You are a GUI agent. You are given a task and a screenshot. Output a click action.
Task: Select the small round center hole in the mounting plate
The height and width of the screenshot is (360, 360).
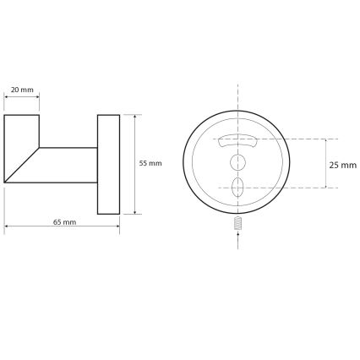239,161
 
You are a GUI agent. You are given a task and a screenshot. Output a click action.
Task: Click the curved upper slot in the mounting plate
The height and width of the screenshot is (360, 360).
239,140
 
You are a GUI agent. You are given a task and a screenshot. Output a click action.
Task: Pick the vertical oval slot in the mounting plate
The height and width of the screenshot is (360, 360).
239,187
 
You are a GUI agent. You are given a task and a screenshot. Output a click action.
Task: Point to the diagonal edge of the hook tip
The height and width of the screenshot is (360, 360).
23,166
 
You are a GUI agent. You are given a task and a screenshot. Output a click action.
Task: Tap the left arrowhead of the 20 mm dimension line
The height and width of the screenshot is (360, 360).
8,95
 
